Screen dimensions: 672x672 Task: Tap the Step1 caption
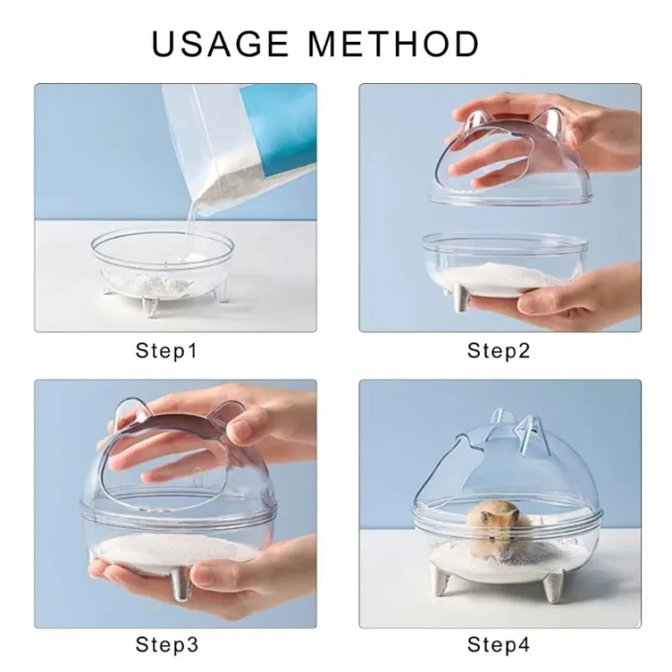tap(166, 351)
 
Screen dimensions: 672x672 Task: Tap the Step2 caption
tap(499, 351)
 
